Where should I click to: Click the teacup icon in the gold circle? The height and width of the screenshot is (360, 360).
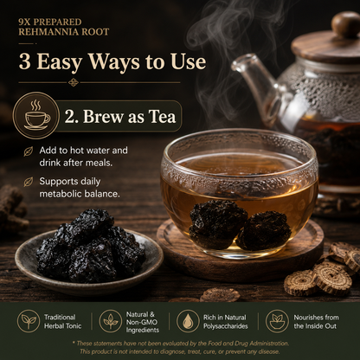[x=36, y=115]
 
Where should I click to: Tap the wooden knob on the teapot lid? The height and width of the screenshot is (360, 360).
[x=346, y=25]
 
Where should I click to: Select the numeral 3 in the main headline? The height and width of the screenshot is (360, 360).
[x=25, y=61]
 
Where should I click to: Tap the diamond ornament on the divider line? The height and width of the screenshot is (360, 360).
[x=74, y=82]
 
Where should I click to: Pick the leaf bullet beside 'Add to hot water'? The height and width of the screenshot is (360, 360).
[x=29, y=151]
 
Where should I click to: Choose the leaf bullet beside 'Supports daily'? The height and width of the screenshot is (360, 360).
[x=29, y=182]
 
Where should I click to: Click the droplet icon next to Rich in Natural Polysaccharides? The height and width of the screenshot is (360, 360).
[x=188, y=321]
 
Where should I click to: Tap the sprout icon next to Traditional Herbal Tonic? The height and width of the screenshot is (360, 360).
[x=29, y=321]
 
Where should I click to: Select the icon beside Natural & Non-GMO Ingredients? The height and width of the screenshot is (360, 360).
[x=111, y=321]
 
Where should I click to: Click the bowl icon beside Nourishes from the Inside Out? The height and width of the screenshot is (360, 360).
[x=277, y=321]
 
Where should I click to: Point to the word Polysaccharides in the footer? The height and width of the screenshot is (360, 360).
[x=226, y=326]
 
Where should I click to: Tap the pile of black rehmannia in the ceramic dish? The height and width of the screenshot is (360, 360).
[x=90, y=247]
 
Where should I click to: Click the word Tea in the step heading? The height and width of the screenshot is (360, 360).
[x=162, y=117]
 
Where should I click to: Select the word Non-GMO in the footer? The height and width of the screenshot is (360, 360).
[x=143, y=322]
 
